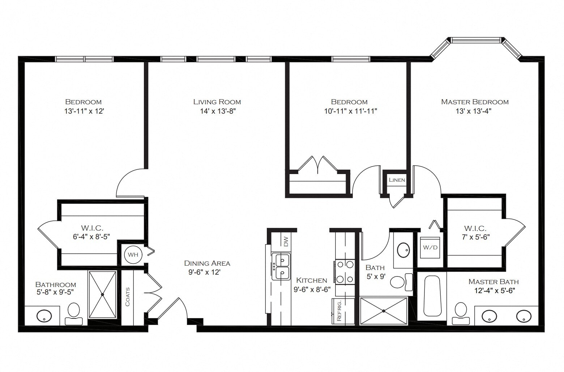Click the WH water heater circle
tap(133, 254)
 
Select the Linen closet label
tap(397, 180)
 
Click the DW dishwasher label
tap(286, 241)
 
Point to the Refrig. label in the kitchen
tap(339, 310)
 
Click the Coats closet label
tap(127, 297)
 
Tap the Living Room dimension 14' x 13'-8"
tap(218, 111)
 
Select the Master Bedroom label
tap(475, 102)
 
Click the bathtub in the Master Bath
tap(432, 296)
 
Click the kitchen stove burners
tap(345, 272)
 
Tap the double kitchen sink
tap(282, 266)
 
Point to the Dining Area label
tap(207, 263)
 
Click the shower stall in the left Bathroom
tap(102, 295)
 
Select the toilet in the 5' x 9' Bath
tap(400, 282)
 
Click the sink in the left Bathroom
tap(44, 316)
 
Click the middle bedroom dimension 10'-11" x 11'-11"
tap(350, 111)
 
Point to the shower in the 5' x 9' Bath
tap(384, 310)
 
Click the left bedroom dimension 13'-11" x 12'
tap(84, 111)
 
